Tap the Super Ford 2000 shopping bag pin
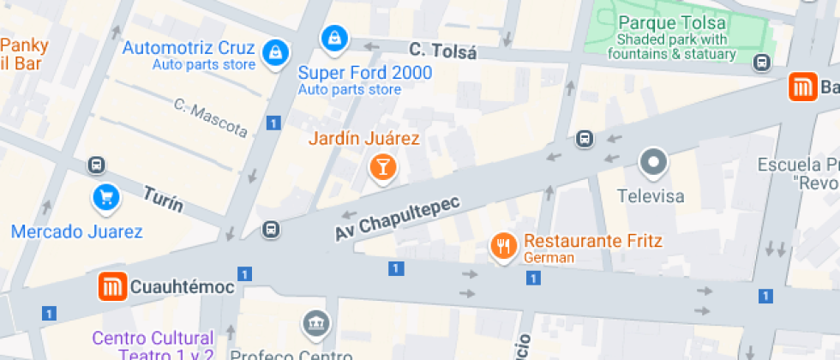[x=333, y=38]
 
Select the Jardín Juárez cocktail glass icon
[x=382, y=166]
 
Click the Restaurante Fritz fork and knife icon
[x=502, y=247]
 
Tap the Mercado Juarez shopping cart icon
[x=106, y=199]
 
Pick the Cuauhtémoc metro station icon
[x=112, y=287]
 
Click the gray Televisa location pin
[x=654, y=162]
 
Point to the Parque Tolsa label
[x=672, y=23]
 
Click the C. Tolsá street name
[x=442, y=51]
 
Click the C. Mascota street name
[x=210, y=118]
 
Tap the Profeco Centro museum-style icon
[x=314, y=324]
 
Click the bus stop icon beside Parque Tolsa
[x=760, y=62]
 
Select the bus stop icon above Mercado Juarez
[x=97, y=165]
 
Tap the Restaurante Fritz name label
[x=593, y=241]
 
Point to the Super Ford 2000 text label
[x=365, y=73]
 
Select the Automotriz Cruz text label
[x=189, y=48]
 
